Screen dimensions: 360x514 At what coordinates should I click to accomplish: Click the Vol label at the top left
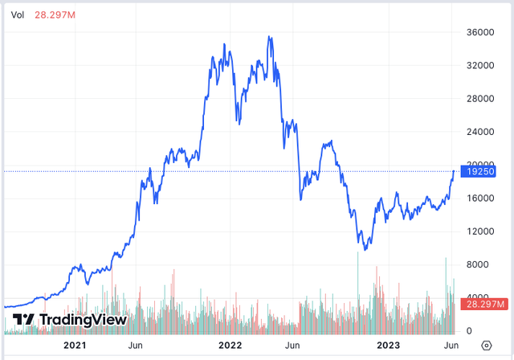[17, 13]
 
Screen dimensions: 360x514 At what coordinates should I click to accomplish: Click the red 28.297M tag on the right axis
[484, 304]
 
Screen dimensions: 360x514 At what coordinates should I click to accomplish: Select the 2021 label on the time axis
[74, 345]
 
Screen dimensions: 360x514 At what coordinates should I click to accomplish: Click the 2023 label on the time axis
[387, 345]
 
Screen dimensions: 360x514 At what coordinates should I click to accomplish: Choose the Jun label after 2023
[451, 345]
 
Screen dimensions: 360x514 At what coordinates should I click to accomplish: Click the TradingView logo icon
[24, 319]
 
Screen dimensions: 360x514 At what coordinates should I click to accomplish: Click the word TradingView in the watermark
[83, 319]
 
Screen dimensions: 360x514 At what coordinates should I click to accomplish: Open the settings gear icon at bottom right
[485, 345]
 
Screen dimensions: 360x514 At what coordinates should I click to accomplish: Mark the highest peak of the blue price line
[270, 36]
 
